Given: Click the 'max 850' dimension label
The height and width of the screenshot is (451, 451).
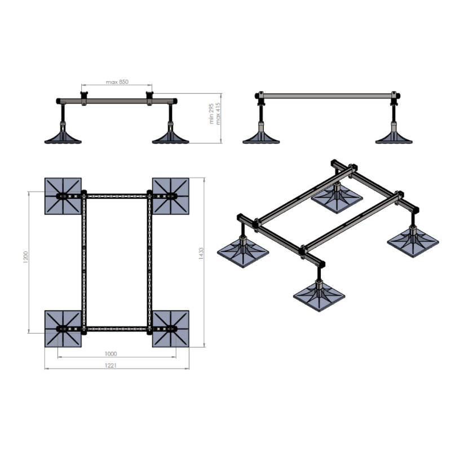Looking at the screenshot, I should tap(117, 82).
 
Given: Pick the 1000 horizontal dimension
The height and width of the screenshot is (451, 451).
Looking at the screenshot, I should tap(110, 353).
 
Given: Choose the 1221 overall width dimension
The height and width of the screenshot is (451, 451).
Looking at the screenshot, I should tap(117, 365).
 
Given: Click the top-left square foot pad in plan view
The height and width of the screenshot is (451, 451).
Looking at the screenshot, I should tap(63, 196).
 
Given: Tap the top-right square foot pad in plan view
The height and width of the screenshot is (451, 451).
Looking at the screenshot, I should tap(171, 196).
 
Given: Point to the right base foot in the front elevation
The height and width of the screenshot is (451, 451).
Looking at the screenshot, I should tap(170, 137).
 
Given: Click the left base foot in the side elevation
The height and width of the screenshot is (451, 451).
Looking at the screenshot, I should tap(262, 137).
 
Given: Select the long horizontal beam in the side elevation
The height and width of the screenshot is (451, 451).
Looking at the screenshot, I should tap(327, 96).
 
